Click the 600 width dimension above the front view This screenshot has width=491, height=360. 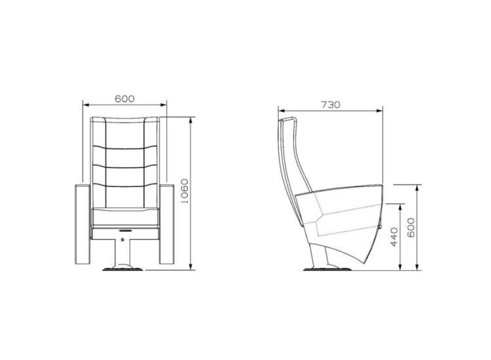coord(124,99)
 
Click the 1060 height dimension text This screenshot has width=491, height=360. coord(185,192)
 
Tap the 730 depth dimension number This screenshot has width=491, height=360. coord(331,105)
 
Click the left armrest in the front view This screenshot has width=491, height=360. coord(82,224)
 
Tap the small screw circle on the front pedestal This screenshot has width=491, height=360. coord(124,240)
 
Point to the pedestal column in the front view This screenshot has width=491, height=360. coord(124,250)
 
